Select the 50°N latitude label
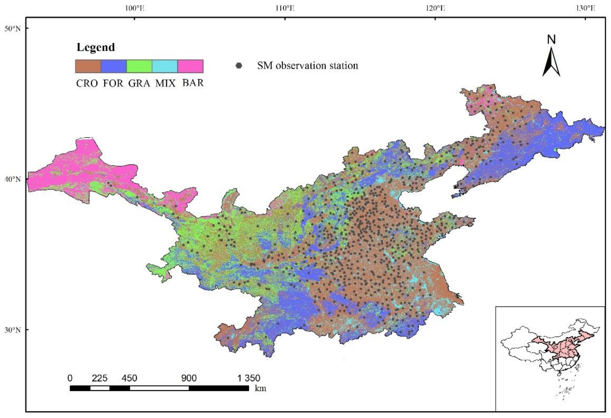coord(12,28)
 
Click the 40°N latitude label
coord(12,179)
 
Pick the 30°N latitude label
coord(12,330)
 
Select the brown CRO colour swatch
coord(88,66)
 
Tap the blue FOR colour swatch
coord(114,66)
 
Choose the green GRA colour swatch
coord(139,66)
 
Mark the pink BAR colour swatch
coord(190,66)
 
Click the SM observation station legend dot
coord(239,66)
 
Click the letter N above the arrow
coord(551,40)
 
